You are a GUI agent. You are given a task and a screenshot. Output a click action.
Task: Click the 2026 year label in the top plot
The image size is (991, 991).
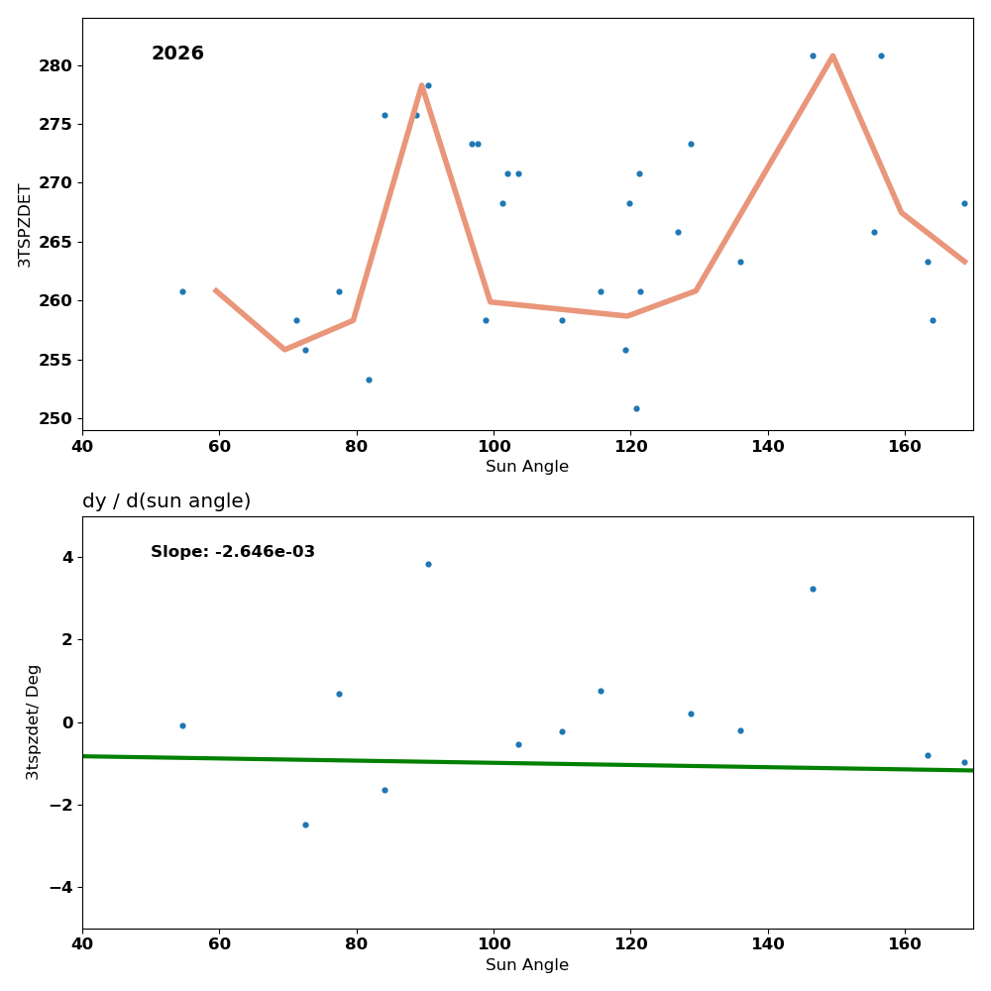click(x=177, y=54)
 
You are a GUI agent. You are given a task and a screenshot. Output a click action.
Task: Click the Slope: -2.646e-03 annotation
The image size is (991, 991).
click(x=233, y=552)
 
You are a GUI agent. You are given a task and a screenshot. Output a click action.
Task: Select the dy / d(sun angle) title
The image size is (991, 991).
click(x=166, y=501)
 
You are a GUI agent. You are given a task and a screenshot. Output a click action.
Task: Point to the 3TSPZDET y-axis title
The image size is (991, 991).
click(x=25, y=225)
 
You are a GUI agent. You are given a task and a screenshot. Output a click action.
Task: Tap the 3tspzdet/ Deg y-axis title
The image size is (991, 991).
click(x=33, y=721)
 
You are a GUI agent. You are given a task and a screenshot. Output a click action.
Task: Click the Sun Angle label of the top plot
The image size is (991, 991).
click(x=527, y=467)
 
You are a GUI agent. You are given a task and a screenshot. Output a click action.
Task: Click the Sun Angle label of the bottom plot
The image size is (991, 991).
click(x=527, y=965)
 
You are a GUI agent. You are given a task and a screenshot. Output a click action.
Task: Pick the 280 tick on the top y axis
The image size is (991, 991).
click(x=55, y=65)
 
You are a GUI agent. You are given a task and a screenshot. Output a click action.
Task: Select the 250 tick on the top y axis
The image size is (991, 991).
click(x=55, y=418)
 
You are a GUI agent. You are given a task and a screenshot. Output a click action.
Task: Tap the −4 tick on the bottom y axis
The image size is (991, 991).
click(x=60, y=887)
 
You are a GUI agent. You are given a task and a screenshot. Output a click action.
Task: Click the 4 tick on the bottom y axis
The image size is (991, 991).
click(x=67, y=557)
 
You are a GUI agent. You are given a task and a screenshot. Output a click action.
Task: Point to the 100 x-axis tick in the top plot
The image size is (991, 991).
click(x=494, y=446)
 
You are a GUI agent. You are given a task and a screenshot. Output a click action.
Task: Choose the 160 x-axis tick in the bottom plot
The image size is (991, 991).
click(x=905, y=944)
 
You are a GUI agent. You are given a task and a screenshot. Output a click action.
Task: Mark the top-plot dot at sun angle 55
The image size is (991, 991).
click(x=182, y=291)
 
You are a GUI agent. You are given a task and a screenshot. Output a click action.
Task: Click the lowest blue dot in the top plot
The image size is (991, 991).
click(x=636, y=408)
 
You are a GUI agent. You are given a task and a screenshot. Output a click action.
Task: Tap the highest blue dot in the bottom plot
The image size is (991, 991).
click(x=428, y=564)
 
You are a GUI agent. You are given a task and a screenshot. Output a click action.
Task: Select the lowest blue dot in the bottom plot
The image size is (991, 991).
click(x=305, y=825)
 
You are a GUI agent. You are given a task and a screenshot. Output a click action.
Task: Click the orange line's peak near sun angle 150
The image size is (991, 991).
click(x=832, y=55)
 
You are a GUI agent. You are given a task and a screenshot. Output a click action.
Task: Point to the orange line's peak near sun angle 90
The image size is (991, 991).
click(x=421, y=85)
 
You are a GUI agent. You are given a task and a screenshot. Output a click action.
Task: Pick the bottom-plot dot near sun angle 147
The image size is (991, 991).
click(x=813, y=589)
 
